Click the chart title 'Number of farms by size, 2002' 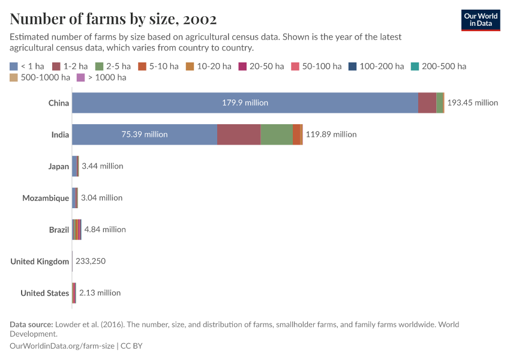click(x=113, y=19)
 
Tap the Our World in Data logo click(x=480, y=20)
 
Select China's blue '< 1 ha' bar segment click(x=245, y=103)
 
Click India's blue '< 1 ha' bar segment click(x=144, y=134)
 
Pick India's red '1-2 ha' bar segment click(x=238, y=134)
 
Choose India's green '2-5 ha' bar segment click(x=276, y=134)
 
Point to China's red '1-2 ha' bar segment click(x=427, y=103)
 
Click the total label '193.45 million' click(x=472, y=103)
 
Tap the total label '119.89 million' click(x=331, y=134)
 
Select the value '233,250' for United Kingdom click(x=91, y=262)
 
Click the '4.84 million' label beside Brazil click(x=105, y=230)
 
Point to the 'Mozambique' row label click(x=46, y=198)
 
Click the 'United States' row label click(x=44, y=293)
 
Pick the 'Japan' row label click(x=59, y=166)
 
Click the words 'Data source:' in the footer click(x=31, y=325)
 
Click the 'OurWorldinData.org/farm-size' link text click(x=63, y=346)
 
